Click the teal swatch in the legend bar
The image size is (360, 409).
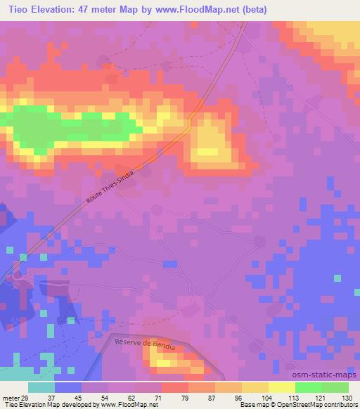click(41, 387)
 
